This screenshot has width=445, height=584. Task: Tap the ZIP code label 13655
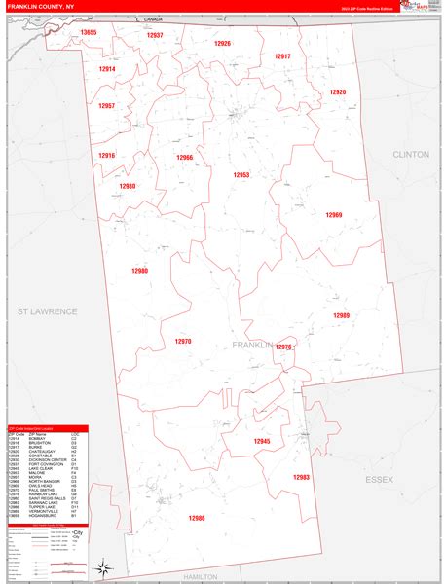tap(90, 33)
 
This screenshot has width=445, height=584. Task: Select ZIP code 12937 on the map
tap(155, 35)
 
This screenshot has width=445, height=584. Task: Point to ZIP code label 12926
tap(222, 44)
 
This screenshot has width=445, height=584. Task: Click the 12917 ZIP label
tap(282, 56)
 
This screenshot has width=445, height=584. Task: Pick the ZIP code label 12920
tap(337, 92)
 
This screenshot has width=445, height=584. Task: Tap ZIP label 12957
tap(107, 106)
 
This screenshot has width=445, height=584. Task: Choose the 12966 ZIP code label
tap(184, 158)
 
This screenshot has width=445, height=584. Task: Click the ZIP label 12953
tap(241, 175)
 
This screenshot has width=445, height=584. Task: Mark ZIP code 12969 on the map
tap(334, 214)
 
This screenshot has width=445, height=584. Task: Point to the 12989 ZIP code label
tap(341, 315)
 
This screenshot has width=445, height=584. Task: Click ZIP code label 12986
tap(198, 518)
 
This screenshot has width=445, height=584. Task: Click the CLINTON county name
tap(410, 155)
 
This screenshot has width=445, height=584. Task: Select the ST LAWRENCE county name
tap(46, 310)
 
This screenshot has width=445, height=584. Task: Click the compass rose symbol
tap(102, 566)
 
